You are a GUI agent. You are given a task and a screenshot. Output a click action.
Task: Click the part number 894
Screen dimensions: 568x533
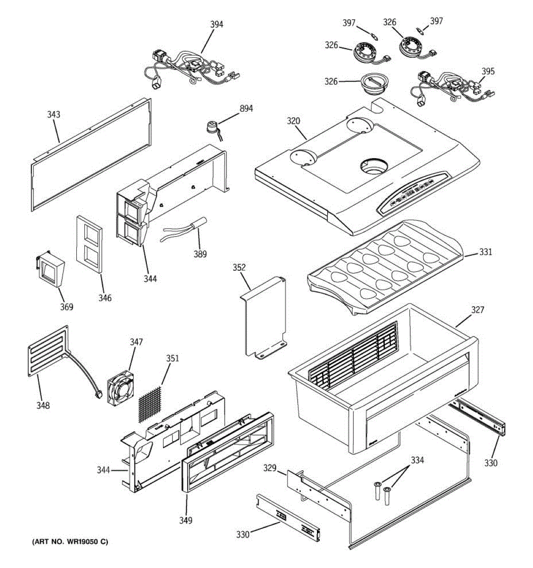pos(246,108)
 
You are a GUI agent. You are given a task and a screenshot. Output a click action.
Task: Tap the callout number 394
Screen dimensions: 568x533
pos(217,25)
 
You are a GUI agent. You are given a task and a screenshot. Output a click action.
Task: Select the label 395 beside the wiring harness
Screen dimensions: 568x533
pos(488,71)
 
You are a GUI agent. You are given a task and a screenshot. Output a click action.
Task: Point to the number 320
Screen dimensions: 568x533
pos(293,121)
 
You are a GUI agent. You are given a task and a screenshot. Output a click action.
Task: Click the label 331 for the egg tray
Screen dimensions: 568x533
pos(485,252)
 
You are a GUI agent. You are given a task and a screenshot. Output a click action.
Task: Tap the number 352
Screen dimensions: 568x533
pos(239,267)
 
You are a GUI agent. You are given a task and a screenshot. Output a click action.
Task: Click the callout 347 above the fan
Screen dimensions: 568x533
pos(136,342)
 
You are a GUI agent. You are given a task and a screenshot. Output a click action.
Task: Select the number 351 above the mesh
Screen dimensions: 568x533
pos(172,358)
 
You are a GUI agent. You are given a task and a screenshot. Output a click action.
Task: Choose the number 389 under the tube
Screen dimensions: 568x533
pos(200,254)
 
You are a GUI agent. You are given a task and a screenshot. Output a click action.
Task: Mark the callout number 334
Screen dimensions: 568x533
pos(417,460)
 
